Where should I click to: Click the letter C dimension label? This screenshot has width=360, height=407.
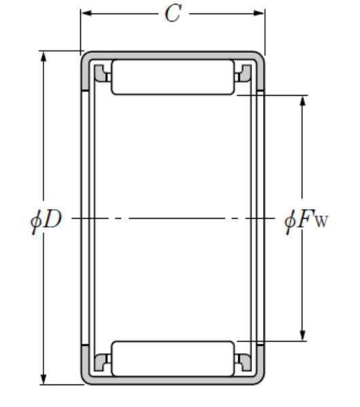[173, 14]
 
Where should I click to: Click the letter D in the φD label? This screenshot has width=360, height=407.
[53, 220]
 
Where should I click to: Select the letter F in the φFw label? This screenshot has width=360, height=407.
[304, 220]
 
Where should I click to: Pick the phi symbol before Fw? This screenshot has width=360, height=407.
[289, 222]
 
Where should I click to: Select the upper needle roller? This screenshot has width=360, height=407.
[173, 77]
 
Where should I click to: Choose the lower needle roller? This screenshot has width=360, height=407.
[173, 359]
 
